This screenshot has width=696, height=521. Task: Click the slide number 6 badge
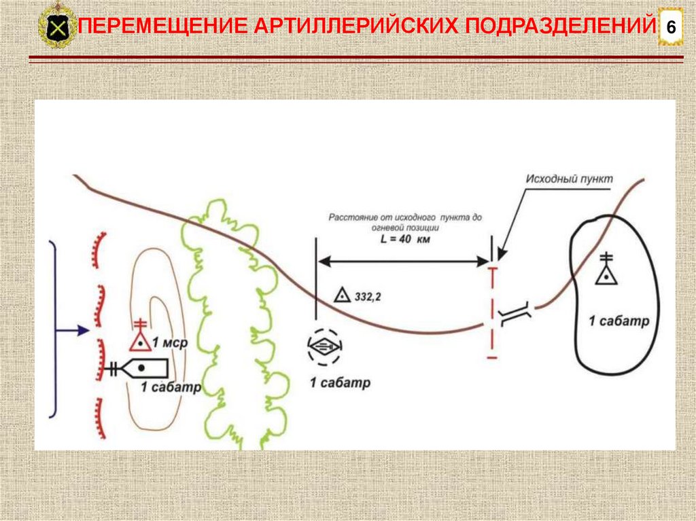click(x=671, y=28)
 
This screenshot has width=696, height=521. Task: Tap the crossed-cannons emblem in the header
click(x=57, y=28)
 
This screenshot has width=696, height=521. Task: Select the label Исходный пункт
click(x=569, y=179)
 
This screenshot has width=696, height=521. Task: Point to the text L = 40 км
click(x=405, y=240)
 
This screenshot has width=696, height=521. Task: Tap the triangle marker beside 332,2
click(x=342, y=295)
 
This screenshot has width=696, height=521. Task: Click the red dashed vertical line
click(x=493, y=312)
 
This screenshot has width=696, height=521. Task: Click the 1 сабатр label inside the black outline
click(x=619, y=321)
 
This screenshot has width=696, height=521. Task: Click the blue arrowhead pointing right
click(x=84, y=331)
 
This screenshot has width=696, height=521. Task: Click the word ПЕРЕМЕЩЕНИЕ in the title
click(x=164, y=27)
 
